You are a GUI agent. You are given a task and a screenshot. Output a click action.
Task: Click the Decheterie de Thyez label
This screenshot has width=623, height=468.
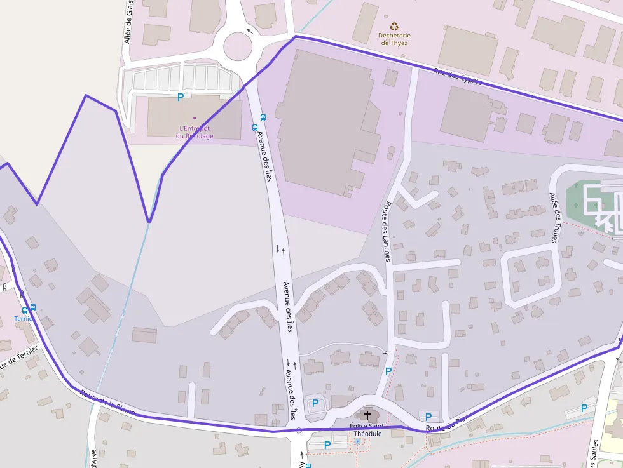tap(394, 39)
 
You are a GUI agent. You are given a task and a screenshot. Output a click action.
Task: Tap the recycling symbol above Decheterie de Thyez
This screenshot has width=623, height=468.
tap(395, 27)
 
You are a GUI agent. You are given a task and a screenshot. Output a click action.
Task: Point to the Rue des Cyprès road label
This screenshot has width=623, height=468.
tap(458, 76)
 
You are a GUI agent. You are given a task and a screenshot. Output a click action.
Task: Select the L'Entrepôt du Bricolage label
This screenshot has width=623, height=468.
tap(195, 132)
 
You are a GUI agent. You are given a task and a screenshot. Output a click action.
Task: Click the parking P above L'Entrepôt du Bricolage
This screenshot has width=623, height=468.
tap(180, 97)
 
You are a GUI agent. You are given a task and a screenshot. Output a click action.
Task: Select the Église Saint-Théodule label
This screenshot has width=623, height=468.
tap(366, 430)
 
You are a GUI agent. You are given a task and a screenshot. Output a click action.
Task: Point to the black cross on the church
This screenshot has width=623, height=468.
tap(367, 415)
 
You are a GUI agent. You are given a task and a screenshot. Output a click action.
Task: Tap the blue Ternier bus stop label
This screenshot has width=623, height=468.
tap(25, 318)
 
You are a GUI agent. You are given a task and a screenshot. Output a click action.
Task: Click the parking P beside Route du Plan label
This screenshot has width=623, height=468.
tap(428, 417)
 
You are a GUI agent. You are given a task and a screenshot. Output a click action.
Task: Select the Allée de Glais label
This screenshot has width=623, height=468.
tap(129, 23)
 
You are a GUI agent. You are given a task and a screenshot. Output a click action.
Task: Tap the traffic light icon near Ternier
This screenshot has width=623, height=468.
tap(4, 288)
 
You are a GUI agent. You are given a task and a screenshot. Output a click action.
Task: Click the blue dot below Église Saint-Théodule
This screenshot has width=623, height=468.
tap(357, 441)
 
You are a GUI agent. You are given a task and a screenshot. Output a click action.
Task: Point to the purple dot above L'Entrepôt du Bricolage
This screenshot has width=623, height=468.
tap(195, 117)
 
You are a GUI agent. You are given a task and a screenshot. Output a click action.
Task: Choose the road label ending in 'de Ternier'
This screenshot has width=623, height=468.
tap(18, 359)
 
